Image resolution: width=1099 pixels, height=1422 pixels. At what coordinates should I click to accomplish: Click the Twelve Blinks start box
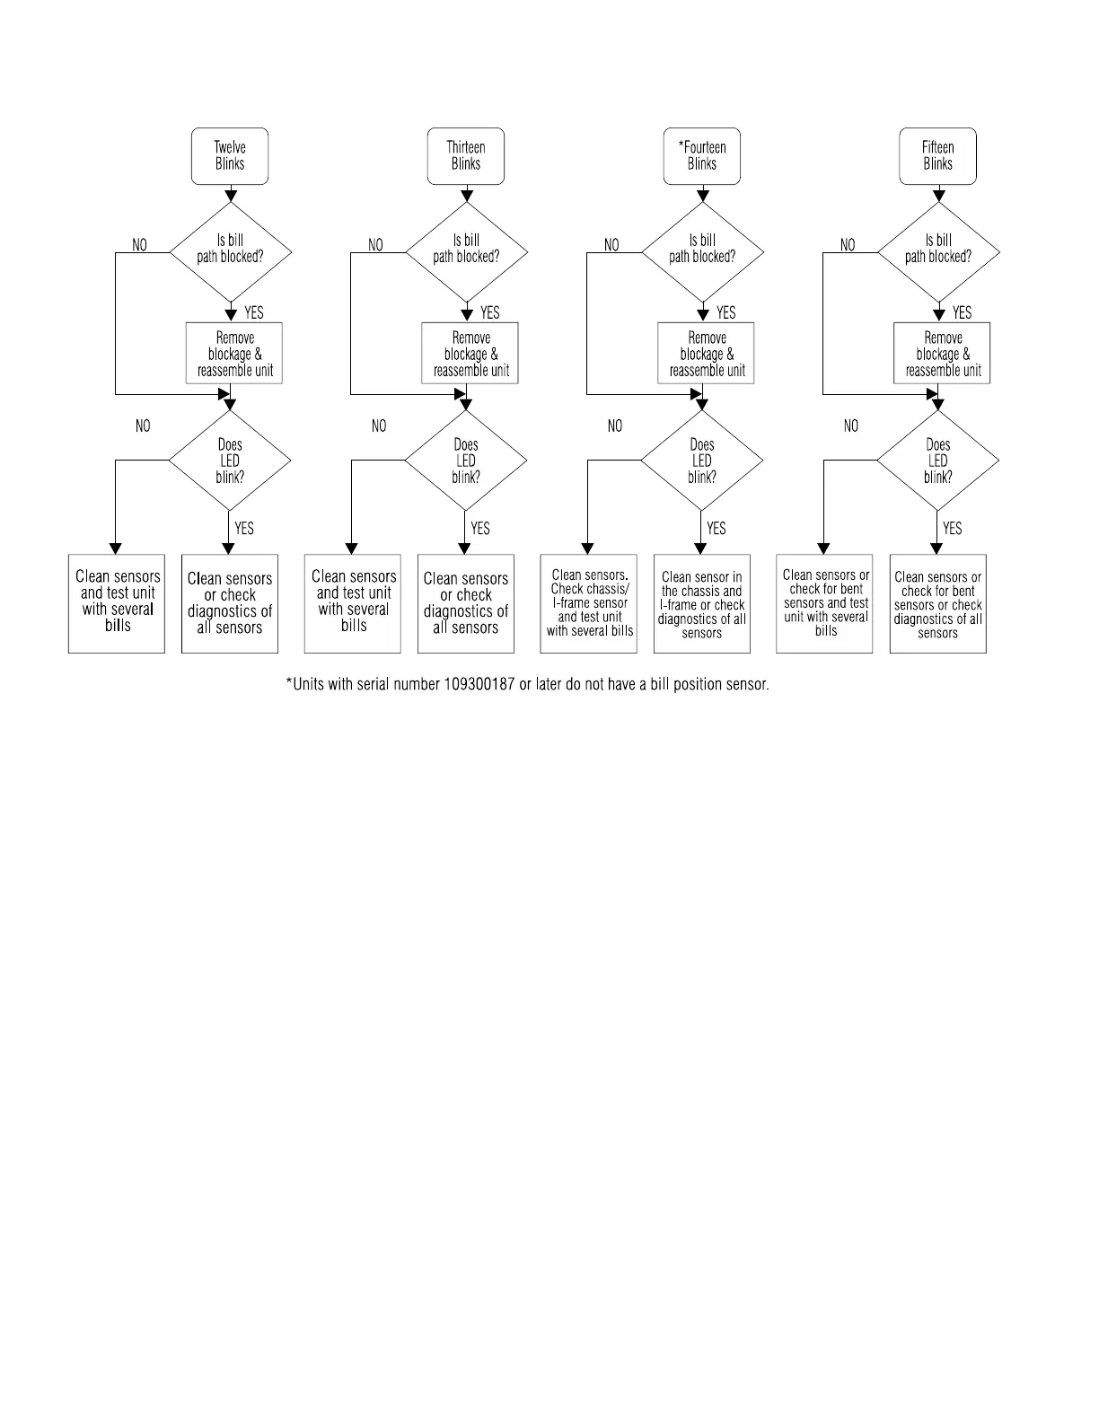pyautogui.click(x=230, y=156)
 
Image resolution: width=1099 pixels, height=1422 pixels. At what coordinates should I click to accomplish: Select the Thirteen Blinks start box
pyautogui.click(x=466, y=156)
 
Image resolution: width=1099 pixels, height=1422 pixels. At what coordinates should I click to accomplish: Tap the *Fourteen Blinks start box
pyautogui.click(x=702, y=156)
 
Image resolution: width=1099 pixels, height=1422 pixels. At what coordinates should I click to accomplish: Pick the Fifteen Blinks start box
pyautogui.click(x=938, y=156)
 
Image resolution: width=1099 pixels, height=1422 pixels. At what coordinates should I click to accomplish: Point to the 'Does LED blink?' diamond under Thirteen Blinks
pyautogui.click(x=466, y=461)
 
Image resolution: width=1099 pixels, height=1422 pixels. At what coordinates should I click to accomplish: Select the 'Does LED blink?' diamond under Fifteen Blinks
pyautogui.click(x=938, y=461)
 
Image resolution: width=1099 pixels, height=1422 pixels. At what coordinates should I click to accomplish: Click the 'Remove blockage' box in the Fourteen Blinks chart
pyautogui.click(x=707, y=354)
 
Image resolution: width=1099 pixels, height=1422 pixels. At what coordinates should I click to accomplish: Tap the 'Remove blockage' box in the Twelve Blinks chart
pyautogui.click(x=234, y=354)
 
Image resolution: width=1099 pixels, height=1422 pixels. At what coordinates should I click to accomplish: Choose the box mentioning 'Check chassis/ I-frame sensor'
pyautogui.click(x=589, y=603)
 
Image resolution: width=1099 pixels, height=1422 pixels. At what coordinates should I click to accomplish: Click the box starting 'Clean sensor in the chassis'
pyautogui.click(x=702, y=604)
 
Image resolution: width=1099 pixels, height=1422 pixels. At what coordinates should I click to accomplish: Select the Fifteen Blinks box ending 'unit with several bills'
pyautogui.click(x=825, y=603)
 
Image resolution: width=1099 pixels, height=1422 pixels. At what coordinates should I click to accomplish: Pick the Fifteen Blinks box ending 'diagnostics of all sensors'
pyautogui.click(x=938, y=604)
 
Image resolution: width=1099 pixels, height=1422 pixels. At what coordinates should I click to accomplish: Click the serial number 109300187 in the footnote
pyautogui.click(x=479, y=685)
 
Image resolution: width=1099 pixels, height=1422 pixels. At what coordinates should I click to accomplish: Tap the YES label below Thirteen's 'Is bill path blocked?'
pyautogui.click(x=490, y=313)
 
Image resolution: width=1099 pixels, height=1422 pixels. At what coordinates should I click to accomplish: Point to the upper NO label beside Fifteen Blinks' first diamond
pyautogui.click(x=848, y=245)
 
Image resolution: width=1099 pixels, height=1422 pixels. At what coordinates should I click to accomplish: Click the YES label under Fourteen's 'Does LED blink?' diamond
pyautogui.click(x=717, y=529)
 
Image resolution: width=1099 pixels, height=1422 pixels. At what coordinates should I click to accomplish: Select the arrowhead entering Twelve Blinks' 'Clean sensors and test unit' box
pyautogui.click(x=115, y=549)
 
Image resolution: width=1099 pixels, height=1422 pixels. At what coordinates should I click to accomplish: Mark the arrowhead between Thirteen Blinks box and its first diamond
pyautogui.click(x=466, y=195)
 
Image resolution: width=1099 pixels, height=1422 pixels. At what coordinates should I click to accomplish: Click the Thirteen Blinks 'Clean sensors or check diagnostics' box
pyautogui.click(x=466, y=603)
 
